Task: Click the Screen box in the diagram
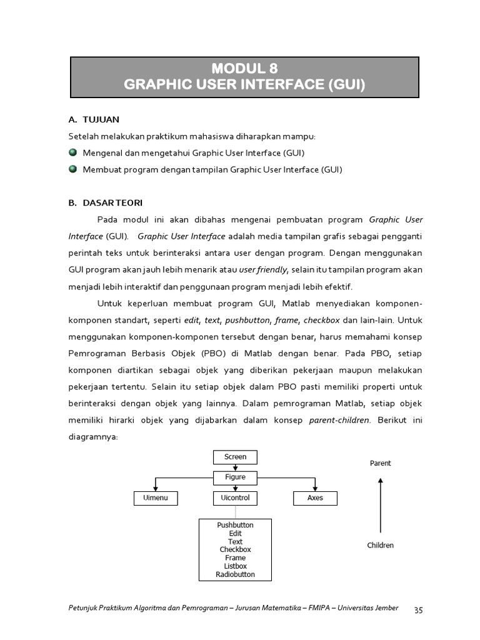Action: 235,457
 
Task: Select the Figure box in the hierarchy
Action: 235,477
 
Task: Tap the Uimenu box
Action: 156,498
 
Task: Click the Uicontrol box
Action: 235,498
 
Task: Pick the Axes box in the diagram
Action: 315,498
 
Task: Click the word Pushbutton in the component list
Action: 235,525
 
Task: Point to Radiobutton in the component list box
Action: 235,574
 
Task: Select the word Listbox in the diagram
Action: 235,566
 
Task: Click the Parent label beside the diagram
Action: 380,463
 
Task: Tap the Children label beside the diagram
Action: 380,545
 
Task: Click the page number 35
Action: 418,610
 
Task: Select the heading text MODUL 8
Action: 244,69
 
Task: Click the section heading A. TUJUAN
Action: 94,119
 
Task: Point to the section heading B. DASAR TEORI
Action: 106,202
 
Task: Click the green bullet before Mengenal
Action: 72,152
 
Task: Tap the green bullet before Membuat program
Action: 72,169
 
